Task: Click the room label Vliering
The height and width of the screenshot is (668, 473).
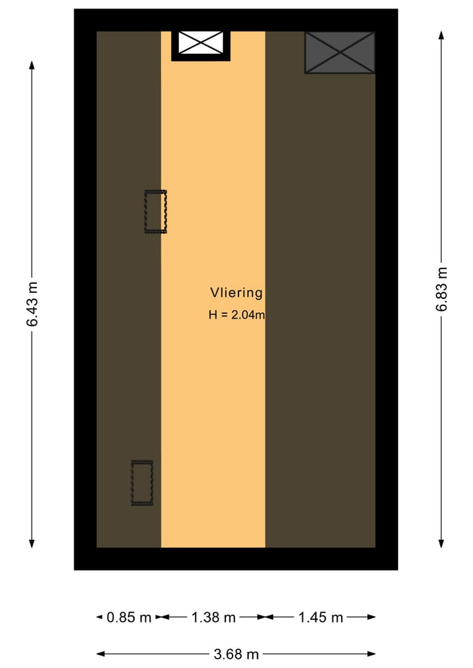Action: pyautogui.click(x=236, y=293)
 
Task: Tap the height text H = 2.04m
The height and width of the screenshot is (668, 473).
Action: pyautogui.click(x=236, y=315)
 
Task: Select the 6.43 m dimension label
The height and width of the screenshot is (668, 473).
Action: pyautogui.click(x=32, y=304)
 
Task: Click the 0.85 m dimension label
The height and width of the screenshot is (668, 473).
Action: pyautogui.click(x=129, y=617)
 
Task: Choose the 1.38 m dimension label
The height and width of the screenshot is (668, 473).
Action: pyautogui.click(x=213, y=617)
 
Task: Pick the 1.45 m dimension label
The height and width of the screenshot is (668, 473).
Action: pyautogui.click(x=321, y=617)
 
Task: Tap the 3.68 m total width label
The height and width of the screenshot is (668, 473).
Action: pyautogui.click(x=236, y=654)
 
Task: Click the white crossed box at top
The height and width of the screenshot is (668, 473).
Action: pyautogui.click(x=201, y=43)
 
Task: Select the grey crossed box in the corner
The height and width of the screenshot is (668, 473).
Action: pyautogui.click(x=340, y=53)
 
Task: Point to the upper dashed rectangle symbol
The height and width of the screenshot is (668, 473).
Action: pyautogui.click(x=156, y=212)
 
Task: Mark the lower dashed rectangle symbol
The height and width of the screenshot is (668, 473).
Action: pyautogui.click(x=142, y=483)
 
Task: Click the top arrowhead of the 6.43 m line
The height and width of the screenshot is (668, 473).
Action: pyautogui.click(x=32, y=64)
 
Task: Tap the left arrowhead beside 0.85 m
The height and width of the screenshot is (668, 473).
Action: pyautogui.click(x=100, y=617)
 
